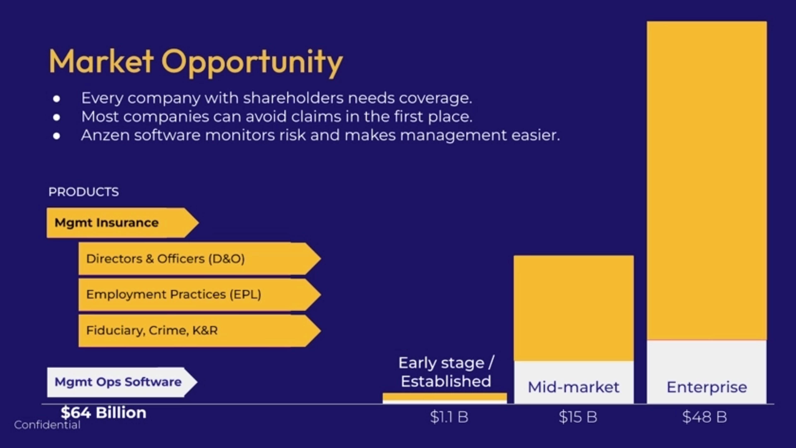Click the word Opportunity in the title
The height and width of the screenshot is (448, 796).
tap(252, 62)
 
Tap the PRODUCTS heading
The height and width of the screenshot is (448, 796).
tap(83, 192)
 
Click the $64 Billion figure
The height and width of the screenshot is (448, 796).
tap(103, 413)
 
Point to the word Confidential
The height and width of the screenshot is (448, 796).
tap(47, 425)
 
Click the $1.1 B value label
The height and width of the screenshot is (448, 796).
tap(449, 417)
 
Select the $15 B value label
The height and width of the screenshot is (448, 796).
tap(578, 417)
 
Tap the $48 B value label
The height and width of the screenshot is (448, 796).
tap(705, 417)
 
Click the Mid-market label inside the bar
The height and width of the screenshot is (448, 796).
tap(574, 387)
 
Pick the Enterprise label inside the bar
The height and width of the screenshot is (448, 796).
tap(707, 387)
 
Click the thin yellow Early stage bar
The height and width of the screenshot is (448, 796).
tap(445, 396)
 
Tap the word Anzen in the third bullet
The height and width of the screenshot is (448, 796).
tap(105, 135)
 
